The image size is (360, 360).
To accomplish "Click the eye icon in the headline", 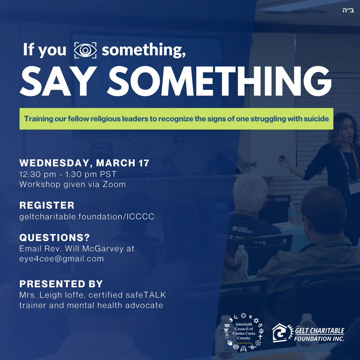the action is pyautogui.click(x=85, y=50).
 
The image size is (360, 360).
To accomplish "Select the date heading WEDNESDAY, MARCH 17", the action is pyautogui.click(x=84, y=163).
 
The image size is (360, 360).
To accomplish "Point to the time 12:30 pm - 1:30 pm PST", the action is pyautogui.click(x=68, y=174).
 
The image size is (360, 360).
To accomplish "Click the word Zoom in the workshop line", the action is pyautogui.click(x=114, y=184).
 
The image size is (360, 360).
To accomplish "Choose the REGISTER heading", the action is pyautogui.click(x=47, y=205).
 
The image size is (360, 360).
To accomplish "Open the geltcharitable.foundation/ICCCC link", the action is pyautogui.click(x=87, y=217).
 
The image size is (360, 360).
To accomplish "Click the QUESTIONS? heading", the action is pyautogui.click(x=55, y=238).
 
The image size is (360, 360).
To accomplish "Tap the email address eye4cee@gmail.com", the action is pyautogui.click(x=62, y=259).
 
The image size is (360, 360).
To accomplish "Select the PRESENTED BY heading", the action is pyautogui.click(x=61, y=284).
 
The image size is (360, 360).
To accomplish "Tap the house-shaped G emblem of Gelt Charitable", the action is pyautogui.click(x=282, y=333).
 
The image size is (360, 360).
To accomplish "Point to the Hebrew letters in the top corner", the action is pyautogui.click(x=348, y=10).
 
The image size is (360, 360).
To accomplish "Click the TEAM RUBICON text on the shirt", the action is pyautogui.click(x=242, y=229).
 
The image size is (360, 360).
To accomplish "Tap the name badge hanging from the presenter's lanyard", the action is pyautogui.click(x=354, y=187).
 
